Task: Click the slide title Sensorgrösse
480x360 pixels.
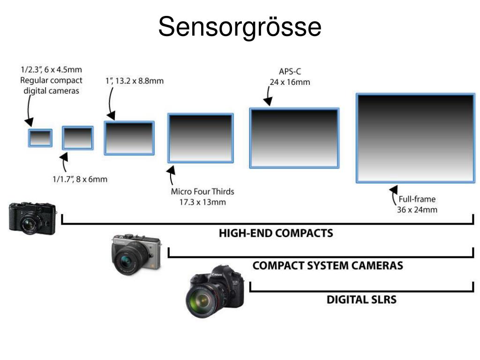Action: coord(240,27)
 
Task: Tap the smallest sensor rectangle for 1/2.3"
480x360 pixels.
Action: coord(40,138)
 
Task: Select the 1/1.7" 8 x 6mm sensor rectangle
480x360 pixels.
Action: coord(78,138)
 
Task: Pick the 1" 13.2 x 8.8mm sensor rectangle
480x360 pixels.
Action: coord(129,138)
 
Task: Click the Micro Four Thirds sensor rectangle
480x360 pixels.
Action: coord(201,138)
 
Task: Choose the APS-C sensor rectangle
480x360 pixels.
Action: coord(294,138)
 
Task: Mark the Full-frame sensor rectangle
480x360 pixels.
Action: coord(415,138)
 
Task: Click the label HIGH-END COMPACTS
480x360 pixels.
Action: coord(276,233)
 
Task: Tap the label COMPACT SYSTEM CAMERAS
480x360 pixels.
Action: coord(327,266)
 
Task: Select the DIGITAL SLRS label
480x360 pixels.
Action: coord(361,299)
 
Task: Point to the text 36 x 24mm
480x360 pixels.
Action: coord(417,210)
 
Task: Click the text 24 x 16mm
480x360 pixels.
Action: coord(290,82)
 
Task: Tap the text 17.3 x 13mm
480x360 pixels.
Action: coord(202,202)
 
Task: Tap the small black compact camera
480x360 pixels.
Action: coord(32,218)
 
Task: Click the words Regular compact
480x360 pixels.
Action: coord(51,80)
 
